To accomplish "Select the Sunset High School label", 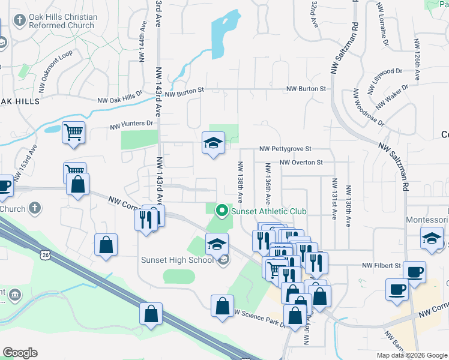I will tap(177, 260).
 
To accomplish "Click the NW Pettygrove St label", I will tap(286, 148).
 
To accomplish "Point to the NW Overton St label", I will tap(301, 163).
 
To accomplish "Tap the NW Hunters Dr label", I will tap(131, 124).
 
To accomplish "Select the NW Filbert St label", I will tap(381, 265).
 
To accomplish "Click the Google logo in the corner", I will tap(20, 353).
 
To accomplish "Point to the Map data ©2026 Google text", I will tap(412, 355).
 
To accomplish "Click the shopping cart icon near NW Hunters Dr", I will tap(74, 131).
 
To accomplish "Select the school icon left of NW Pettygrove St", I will tap(212, 143).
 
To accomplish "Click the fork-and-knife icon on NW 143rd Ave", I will tap(145, 219).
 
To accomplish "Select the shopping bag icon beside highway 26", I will tap(151, 312).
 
